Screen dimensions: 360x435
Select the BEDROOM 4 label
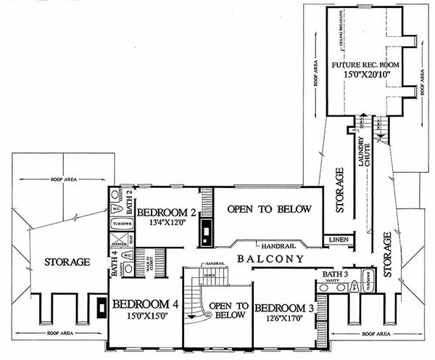[x=145, y=305]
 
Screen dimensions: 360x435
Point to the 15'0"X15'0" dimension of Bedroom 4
[x=145, y=317]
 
